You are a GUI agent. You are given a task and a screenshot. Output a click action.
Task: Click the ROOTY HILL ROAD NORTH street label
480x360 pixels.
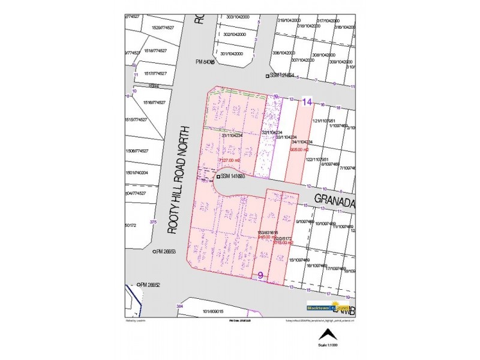178,181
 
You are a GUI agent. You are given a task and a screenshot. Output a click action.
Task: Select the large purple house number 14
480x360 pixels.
307,103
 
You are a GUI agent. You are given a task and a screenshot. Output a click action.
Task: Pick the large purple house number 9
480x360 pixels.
260,275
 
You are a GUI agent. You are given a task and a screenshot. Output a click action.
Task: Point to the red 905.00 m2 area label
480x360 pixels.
299,149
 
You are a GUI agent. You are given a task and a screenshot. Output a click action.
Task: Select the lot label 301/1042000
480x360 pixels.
232,54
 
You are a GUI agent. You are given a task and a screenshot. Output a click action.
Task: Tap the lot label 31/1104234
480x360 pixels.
232,136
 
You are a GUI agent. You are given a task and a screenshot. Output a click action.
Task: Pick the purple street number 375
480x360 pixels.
153,222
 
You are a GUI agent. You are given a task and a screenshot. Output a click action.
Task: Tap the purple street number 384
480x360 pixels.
179,307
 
